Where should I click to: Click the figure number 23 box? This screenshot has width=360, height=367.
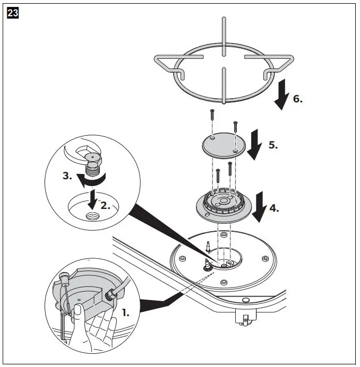(13, 14)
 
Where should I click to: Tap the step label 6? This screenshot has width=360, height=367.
(298, 99)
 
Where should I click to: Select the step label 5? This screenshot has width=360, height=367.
(273, 145)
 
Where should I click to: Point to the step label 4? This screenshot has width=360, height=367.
(273, 208)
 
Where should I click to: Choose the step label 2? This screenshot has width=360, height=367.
(106, 205)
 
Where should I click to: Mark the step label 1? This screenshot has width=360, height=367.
(125, 313)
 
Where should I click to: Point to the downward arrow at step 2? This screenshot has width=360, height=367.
(92, 199)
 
